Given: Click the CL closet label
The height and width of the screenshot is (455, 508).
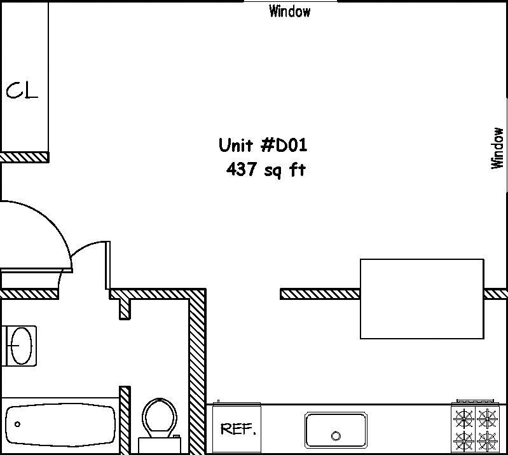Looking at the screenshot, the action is click(x=22, y=90).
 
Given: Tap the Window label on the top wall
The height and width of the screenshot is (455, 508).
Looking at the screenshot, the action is click(x=290, y=11).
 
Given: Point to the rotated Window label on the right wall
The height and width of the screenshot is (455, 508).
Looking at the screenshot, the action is click(x=497, y=148).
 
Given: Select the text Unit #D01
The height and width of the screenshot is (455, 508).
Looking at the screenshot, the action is click(x=263, y=145).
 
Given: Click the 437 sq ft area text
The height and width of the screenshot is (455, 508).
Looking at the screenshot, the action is click(x=266, y=170).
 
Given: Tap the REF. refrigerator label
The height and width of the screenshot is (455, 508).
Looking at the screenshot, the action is click(x=238, y=429).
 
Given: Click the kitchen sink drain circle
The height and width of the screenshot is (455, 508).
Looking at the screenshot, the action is click(x=336, y=436).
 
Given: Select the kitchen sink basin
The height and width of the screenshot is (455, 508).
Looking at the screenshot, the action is click(x=336, y=430).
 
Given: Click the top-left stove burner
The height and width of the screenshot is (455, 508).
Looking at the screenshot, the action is click(x=464, y=418).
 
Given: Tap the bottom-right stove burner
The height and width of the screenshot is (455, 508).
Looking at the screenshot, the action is click(x=487, y=442).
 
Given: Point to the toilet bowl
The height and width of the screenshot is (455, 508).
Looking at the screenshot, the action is click(x=160, y=418).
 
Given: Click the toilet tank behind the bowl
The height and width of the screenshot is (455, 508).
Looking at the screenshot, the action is click(x=160, y=445).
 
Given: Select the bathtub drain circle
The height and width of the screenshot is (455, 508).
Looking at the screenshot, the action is click(x=18, y=424).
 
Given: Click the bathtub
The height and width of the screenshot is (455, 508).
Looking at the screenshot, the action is click(x=60, y=425).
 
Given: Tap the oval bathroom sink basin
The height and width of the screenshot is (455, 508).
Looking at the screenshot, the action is click(x=22, y=346).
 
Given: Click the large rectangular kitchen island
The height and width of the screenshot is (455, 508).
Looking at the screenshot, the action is click(x=422, y=299).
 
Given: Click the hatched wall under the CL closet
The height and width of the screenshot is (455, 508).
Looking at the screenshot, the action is click(x=25, y=158).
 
